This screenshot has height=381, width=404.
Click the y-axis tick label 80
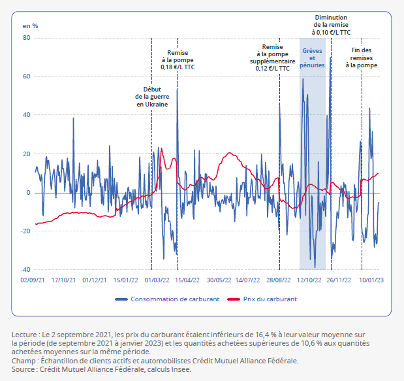(x=27, y=38)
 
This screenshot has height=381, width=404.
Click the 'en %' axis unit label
(x=30, y=25)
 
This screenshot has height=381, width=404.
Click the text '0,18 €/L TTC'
(x=178, y=67)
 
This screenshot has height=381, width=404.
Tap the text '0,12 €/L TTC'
(x=272, y=67)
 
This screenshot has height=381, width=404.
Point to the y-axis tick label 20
(x=27, y=154)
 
